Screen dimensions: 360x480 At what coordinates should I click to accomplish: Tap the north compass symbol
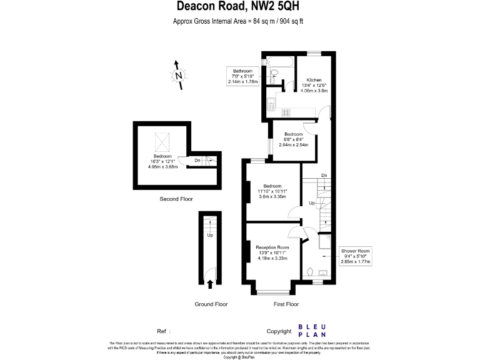(x=178, y=76)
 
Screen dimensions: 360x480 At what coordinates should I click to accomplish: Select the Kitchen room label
(x=314, y=81)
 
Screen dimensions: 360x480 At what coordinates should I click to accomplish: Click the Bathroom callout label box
(x=243, y=76)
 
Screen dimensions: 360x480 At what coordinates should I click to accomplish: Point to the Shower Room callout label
(x=356, y=256)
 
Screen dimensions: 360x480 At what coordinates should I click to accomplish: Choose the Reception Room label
(x=272, y=248)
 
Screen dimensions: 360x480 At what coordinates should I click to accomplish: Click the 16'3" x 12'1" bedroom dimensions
(x=162, y=162)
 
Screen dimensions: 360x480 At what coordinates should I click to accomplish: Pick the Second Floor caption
(x=176, y=199)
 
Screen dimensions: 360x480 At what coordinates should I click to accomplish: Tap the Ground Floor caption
(x=210, y=304)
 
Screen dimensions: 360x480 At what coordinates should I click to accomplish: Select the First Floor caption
(x=286, y=304)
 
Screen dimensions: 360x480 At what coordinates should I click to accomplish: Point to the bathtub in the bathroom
(x=280, y=61)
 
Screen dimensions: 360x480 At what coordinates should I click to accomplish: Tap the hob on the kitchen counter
(x=286, y=112)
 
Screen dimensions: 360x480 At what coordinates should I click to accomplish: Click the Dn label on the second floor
(x=197, y=161)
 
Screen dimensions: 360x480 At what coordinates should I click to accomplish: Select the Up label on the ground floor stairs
(x=210, y=236)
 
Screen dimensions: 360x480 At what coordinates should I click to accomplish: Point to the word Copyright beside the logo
(x=279, y=331)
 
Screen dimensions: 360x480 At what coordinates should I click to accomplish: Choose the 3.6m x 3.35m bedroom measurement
(x=272, y=196)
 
